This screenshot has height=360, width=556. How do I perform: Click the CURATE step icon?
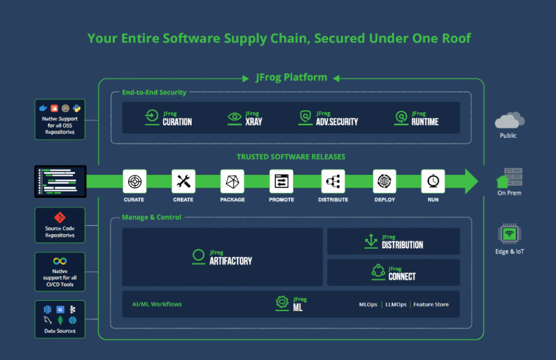click(134, 181)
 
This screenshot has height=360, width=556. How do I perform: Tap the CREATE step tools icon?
click(183, 181)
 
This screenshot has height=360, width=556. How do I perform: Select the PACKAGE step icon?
click(232, 181)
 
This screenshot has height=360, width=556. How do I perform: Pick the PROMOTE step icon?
click(281, 181)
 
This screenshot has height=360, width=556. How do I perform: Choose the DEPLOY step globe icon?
click(384, 181)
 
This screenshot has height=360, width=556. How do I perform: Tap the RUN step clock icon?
click(433, 181)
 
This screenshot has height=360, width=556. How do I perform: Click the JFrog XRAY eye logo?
click(235, 117)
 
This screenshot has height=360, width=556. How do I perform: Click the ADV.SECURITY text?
click(337, 122)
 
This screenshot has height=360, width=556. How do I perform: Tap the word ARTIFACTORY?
click(231, 261)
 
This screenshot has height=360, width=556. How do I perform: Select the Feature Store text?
click(431, 305)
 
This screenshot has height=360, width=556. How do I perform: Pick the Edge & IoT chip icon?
click(509, 235)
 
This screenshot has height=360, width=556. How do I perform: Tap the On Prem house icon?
click(503, 181)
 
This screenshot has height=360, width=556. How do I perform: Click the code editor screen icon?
click(60, 181)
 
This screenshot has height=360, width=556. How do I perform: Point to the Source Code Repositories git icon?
click(60, 218)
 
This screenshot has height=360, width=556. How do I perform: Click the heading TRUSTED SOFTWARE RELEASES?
click(291, 157)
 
